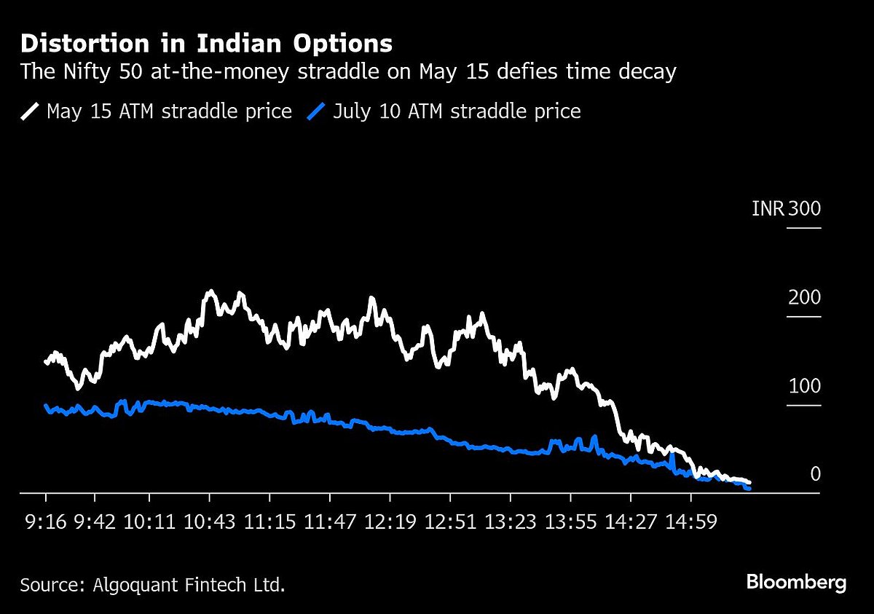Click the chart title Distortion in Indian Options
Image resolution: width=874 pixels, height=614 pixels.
pos(206,44)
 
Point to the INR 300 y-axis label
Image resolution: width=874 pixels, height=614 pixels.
pos(786,210)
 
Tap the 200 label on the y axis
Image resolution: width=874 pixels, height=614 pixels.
pos(804,298)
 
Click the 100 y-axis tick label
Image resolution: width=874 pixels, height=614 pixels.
pos(804,386)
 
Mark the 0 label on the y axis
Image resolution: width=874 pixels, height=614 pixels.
pos(815,475)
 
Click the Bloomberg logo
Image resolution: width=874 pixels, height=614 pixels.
pos(796,583)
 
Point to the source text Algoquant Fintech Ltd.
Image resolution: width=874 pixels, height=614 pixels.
pos(152,584)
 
